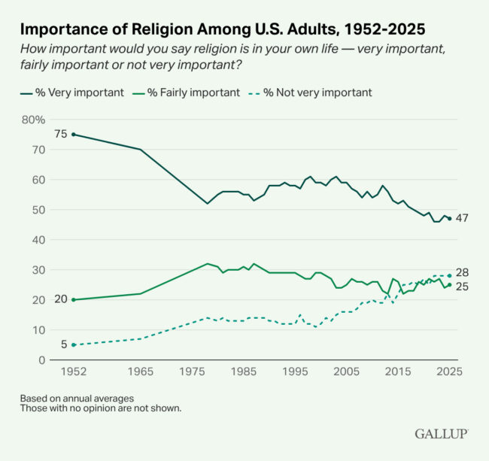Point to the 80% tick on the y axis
(x=34, y=120)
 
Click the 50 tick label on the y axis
(x=39, y=210)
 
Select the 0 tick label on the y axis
(x=42, y=360)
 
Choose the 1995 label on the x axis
(x=297, y=372)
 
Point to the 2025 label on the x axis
(x=449, y=372)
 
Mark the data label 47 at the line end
(x=463, y=219)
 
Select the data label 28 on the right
(x=463, y=272)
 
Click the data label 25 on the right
(x=463, y=287)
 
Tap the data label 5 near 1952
(x=64, y=345)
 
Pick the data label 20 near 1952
(x=62, y=300)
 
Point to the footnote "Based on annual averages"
(x=77, y=398)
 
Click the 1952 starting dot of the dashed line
(x=73, y=345)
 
